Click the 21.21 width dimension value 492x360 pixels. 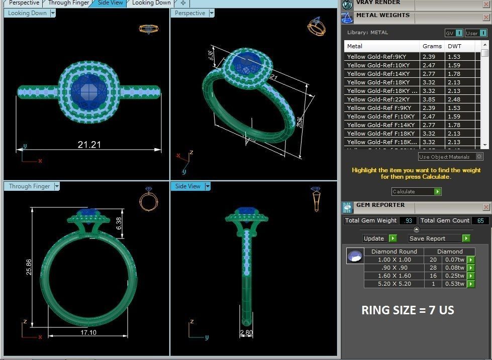click(x=89, y=145)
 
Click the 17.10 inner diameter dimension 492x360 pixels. click(x=88, y=332)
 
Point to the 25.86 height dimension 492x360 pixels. click(x=29, y=267)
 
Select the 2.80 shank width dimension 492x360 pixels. click(x=247, y=333)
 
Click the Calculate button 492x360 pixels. click(x=416, y=191)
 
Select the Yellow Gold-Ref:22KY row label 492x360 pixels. click(x=378, y=99)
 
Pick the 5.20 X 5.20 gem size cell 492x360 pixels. click(x=394, y=284)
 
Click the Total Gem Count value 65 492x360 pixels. click(x=480, y=220)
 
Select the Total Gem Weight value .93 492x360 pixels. click(x=408, y=220)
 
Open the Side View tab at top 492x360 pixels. click(x=110, y=3)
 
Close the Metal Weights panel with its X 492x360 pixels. click(x=485, y=18)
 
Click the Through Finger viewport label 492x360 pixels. click(x=30, y=186)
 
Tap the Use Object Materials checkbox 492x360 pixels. click(x=479, y=157)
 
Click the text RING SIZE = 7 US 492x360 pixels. click(x=408, y=310)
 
